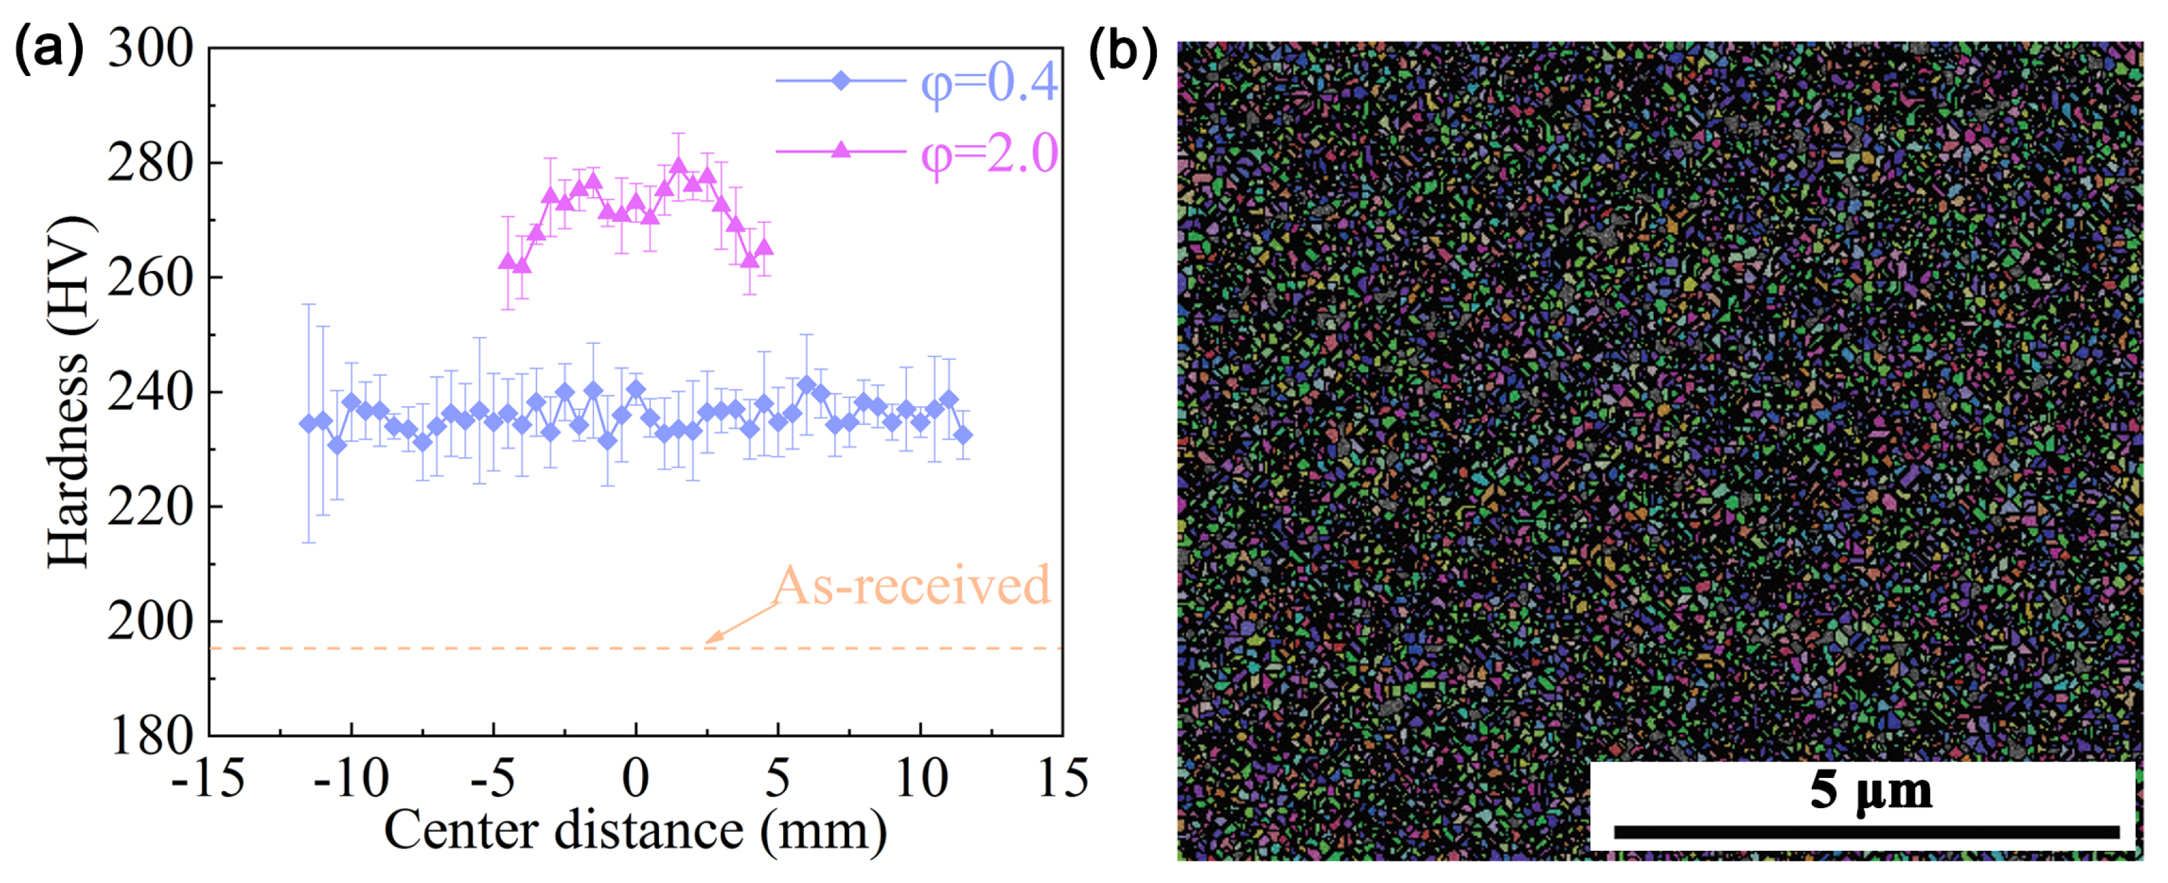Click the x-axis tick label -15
tap(208, 778)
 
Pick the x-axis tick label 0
tap(635, 778)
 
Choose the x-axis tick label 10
tap(921, 778)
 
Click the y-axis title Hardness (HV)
tap(69, 392)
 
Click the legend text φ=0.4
tap(989, 83)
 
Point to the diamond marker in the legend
tap(840, 81)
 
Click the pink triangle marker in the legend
tap(840, 151)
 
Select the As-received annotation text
tap(912, 585)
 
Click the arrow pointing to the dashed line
tap(740, 624)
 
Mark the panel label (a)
tap(49, 49)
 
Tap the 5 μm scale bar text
tap(1870, 791)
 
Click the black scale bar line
tap(1866, 832)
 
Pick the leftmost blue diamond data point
tap(309, 422)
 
